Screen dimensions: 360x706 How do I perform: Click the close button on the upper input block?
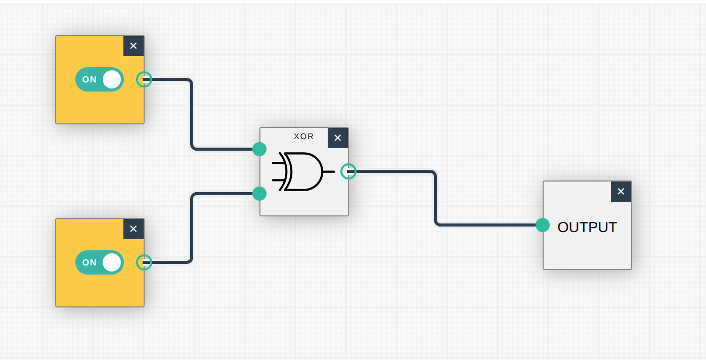134,46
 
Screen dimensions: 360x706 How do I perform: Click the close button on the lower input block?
134,229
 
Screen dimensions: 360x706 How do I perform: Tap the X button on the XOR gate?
338,138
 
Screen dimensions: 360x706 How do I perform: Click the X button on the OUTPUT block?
621,192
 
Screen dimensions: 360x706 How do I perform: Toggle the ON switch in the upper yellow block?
100,79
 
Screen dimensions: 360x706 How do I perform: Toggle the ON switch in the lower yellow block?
100,262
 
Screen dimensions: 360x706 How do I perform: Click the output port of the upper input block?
144,79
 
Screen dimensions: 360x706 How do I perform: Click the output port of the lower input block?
144,262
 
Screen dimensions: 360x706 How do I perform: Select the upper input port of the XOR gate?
259,149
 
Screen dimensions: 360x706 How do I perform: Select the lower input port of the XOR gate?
259,194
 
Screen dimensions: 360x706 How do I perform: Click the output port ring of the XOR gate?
348,171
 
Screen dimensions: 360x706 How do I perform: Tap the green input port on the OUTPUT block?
543,225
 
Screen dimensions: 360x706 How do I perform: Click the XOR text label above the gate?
303,137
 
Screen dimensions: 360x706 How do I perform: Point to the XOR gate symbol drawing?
302,171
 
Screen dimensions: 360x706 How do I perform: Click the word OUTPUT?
587,227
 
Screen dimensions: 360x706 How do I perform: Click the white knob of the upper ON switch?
112,79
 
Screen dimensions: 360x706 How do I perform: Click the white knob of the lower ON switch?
112,262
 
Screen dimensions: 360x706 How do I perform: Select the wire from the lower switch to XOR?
192,228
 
